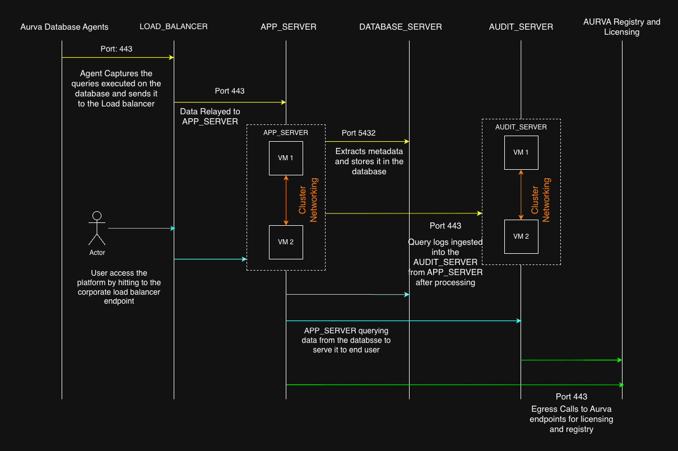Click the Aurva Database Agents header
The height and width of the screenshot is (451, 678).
click(x=64, y=27)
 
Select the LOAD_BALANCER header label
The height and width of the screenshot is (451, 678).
click(x=174, y=27)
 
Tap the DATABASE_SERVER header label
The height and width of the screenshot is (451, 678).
click(x=401, y=27)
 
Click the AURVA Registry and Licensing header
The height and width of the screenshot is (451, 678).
click(x=621, y=27)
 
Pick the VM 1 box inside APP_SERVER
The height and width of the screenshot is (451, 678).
click(x=286, y=158)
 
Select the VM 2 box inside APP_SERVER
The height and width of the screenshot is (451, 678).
click(x=286, y=242)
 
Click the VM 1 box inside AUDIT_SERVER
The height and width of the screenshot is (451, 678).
click(x=521, y=152)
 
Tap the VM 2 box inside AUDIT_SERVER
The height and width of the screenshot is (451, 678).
click(x=521, y=236)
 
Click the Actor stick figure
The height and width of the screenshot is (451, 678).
click(x=97, y=228)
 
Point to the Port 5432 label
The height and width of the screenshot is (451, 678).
click(x=359, y=133)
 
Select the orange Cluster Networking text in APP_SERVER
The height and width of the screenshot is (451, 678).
click(x=308, y=200)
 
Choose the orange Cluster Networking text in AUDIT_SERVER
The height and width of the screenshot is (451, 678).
click(x=541, y=200)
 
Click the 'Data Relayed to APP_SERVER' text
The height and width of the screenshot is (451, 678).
click(x=210, y=117)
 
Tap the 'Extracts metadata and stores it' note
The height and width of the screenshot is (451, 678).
click(x=369, y=161)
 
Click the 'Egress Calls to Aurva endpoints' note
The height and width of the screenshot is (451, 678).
click(x=572, y=419)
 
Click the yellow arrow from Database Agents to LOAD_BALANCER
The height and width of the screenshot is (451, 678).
click(x=118, y=57)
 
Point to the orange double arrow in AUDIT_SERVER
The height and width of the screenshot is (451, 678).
click(x=521, y=194)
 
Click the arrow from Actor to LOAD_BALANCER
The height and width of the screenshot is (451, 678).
click(x=141, y=228)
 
